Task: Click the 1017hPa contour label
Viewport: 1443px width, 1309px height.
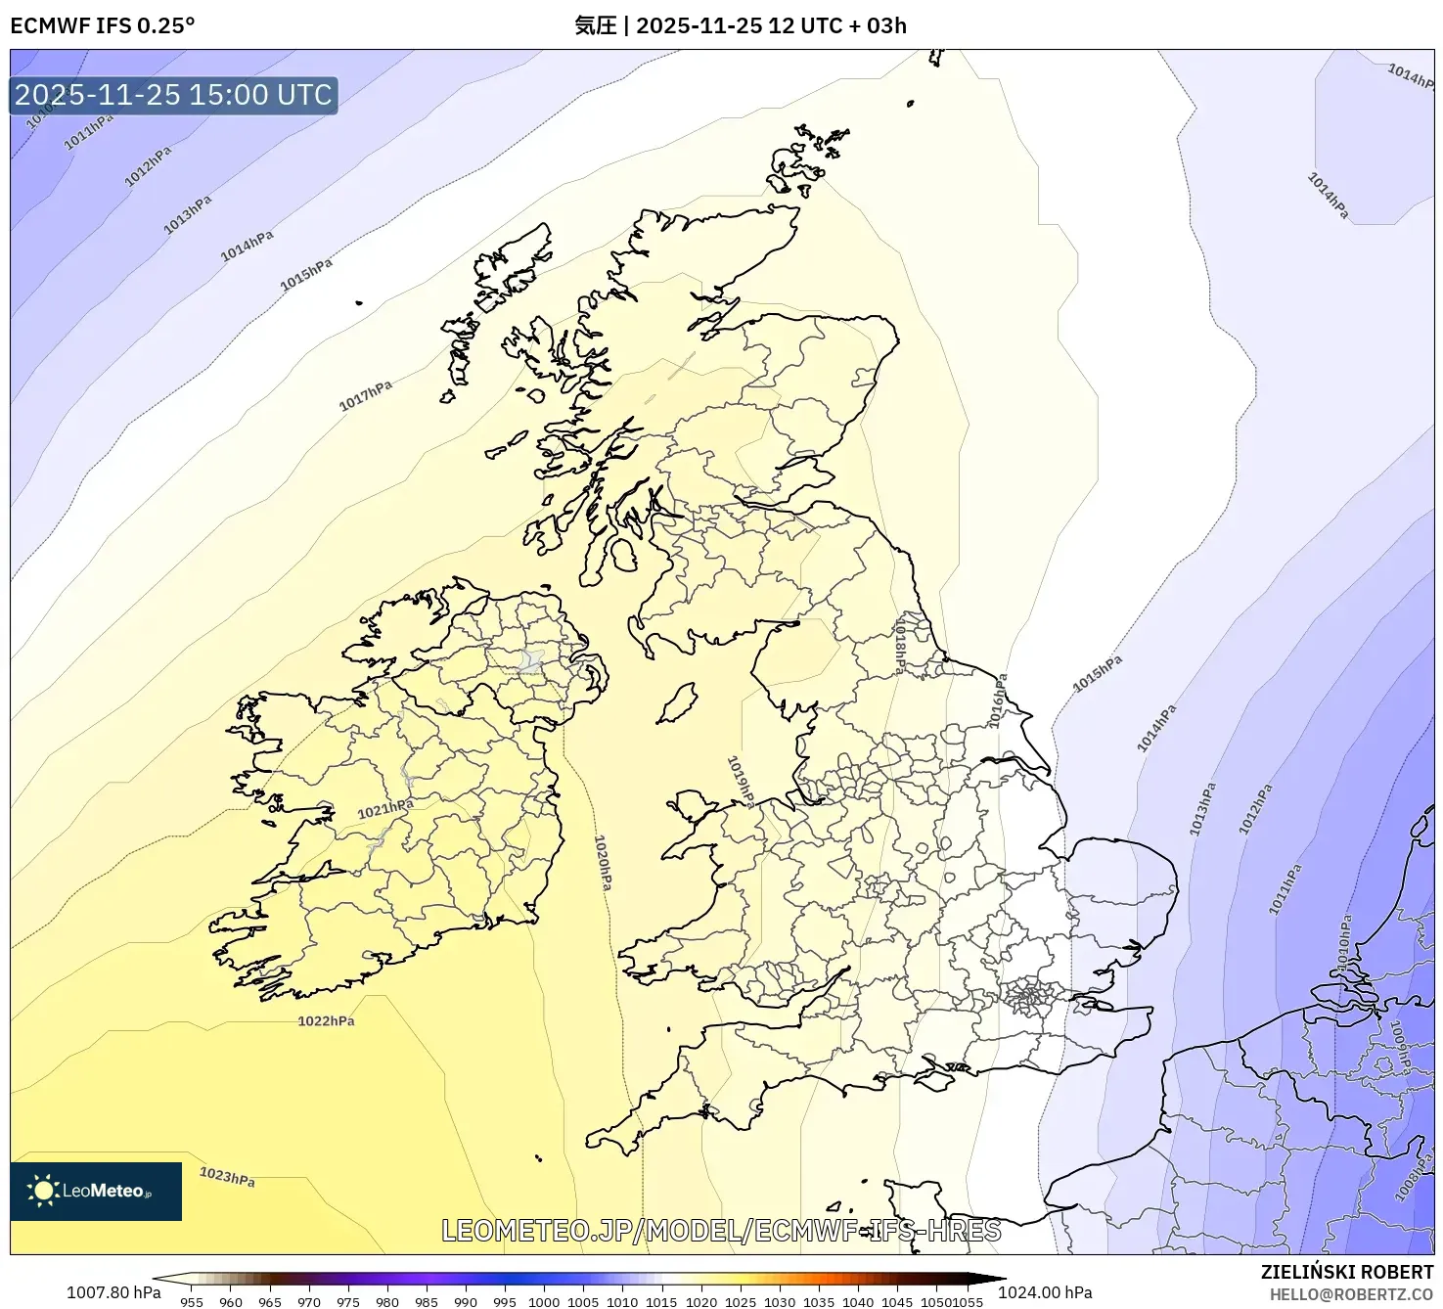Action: click(365, 395)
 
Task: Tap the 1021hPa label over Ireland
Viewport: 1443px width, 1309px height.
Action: click(384, 809)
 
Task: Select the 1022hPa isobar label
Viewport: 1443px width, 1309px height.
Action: click(326, 1020)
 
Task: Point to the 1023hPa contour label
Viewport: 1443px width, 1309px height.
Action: click(227, 1176)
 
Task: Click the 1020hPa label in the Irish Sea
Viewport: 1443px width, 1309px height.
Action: click(603, 862)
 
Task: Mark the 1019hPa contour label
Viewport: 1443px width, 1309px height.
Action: click(741, 781)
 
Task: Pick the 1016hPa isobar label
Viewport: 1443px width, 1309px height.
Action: click(997, 700)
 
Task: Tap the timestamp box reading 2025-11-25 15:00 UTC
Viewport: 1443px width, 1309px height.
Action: click(173, 95)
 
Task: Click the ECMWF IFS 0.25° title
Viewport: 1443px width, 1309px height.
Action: click(103, 25)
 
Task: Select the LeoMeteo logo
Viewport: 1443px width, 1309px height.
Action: click(96, 1191)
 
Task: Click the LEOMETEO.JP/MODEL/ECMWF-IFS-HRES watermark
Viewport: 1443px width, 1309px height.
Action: click(721, 1230)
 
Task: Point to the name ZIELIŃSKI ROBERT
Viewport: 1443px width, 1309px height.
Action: click(1346, 1272)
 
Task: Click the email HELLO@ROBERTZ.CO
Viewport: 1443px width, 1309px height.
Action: click(1351, 1294)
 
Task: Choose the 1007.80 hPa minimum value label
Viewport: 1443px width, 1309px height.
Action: click(113, 1292)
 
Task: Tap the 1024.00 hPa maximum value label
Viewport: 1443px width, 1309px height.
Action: click(1045, 1292)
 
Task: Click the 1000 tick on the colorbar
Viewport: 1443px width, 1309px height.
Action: click(544, 1301)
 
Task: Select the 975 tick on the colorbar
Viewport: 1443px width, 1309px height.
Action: click(348, 1301)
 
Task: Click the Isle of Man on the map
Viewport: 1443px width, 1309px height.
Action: click(677, 703)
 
